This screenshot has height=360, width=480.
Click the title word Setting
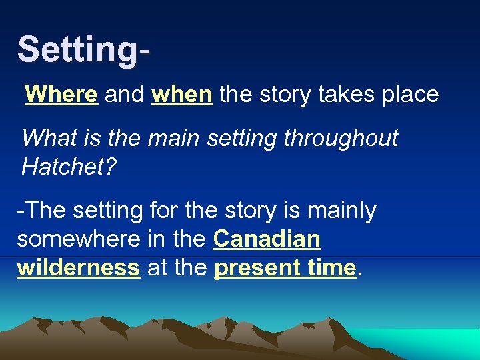pos(78,51)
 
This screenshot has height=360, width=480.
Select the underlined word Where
pos(61,95)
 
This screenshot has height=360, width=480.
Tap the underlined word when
pos(182,95)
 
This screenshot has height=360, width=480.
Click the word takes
pos(343,95)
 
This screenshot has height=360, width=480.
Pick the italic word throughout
pos(341,139)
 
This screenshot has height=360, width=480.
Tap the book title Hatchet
pos(59,167)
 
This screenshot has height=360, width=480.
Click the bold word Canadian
pos(267,239)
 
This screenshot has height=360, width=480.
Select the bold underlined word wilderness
pos(79,267)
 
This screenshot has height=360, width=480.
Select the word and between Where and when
pos(124,95)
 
